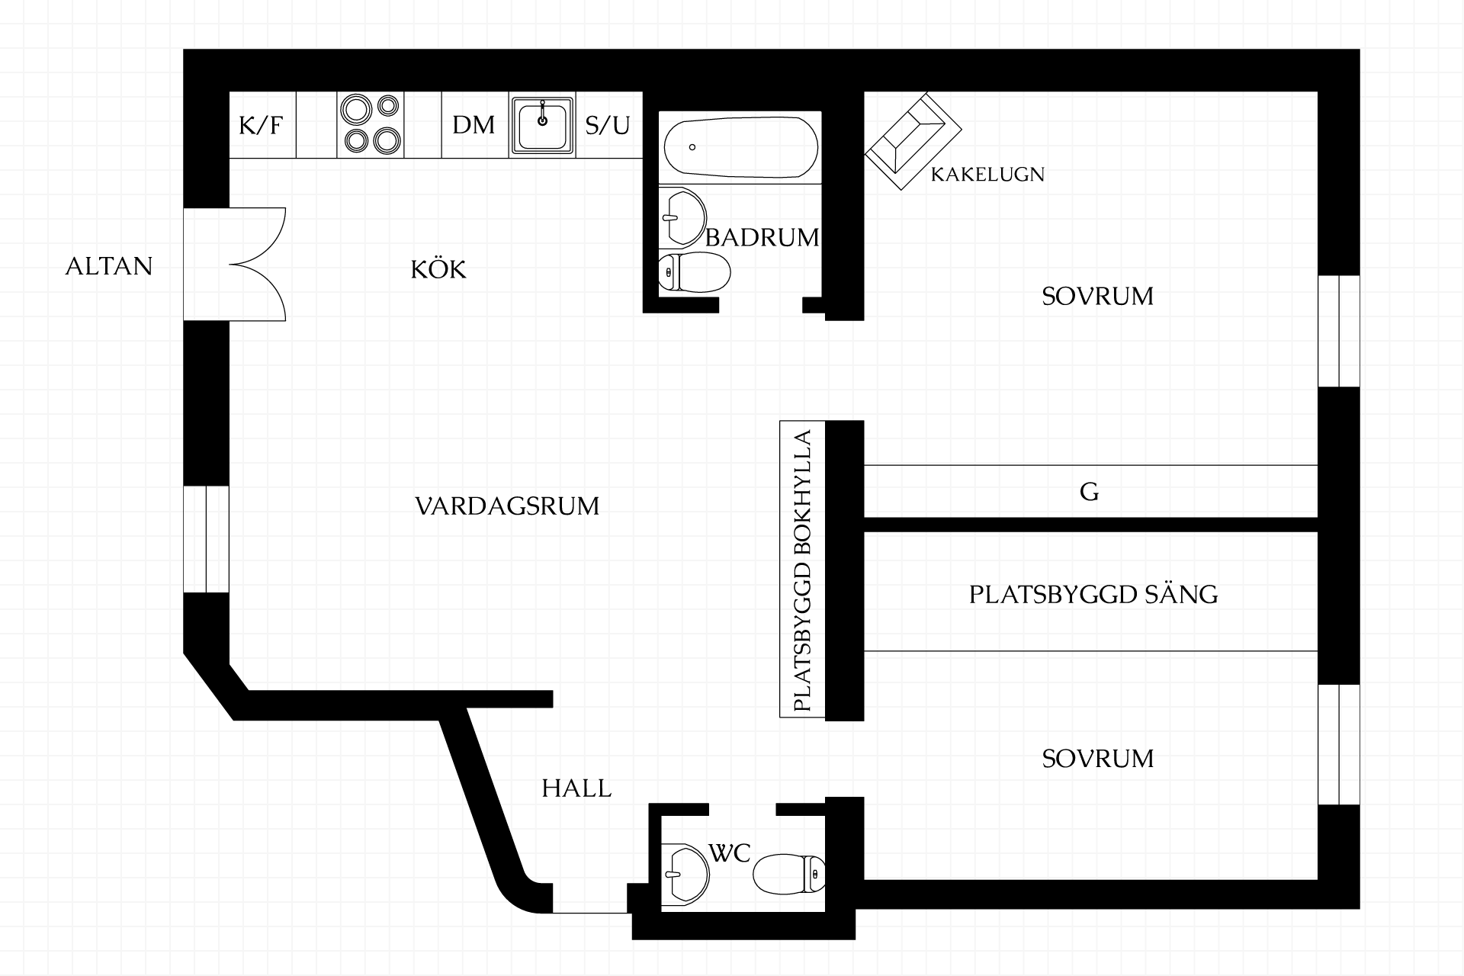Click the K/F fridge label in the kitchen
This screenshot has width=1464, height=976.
click(x=262, y=125)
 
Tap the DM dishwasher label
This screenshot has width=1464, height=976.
click(x=474, y=125)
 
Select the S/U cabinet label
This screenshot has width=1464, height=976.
click(x=608, y=125)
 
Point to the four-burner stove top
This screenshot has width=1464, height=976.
click(x=371, y=125)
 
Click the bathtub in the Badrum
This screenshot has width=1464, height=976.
click(x=741, y=147)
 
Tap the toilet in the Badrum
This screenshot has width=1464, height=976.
click(x=694, y=271)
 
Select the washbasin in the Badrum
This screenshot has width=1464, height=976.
click(x=682, y=217)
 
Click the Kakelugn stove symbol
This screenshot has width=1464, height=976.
click(x=913, y=142)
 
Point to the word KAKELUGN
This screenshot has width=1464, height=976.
click(x=987, y=175)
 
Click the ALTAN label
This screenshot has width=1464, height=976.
click(x=109, y=266)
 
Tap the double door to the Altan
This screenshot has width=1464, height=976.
click(x=258, y=264)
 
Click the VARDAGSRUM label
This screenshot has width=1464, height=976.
click(x=507, y=506)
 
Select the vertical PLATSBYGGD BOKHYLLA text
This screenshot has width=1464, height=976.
click(x=802, y=571)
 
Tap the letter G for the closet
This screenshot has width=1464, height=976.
click(x=1090, y=492)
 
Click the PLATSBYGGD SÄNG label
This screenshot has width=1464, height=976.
click(x=1093, y=594)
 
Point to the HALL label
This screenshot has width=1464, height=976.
click(x=576, y=788)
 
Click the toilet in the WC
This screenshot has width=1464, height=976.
click(x=789, y=873)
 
